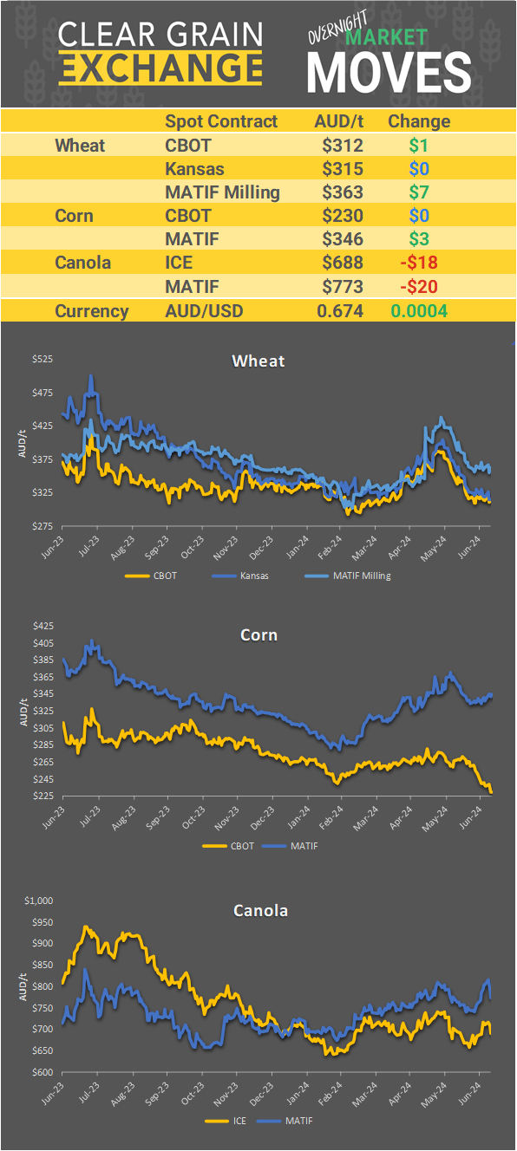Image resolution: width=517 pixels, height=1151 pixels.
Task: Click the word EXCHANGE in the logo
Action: point(160,67)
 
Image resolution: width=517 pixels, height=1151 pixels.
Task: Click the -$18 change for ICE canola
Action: point(418,262)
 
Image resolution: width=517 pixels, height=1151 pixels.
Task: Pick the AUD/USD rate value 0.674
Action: point(339,311)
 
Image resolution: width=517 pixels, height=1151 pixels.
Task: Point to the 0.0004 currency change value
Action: point(420,311)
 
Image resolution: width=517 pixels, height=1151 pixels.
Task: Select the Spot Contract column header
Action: point(221,121)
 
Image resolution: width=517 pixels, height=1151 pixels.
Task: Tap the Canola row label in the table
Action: point(82,262)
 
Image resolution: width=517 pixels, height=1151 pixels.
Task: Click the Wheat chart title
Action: point(258,361)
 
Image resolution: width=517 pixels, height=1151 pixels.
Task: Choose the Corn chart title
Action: point(258,635)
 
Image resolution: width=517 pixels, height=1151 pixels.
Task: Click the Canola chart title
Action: point(260,910)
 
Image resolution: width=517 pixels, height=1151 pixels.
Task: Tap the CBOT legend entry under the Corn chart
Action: point(240,845)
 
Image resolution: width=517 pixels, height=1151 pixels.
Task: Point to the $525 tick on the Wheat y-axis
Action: point(42,360)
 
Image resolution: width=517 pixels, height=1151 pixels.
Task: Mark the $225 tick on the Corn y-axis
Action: point(42,796)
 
